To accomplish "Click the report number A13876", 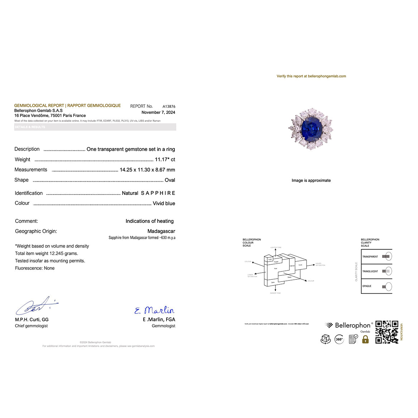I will coord(169,106).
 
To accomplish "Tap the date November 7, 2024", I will coord(158,112).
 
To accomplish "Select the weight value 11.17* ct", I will coord(165,159).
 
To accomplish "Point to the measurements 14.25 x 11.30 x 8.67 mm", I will coord(147,170).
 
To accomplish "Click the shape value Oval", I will coord(170,180).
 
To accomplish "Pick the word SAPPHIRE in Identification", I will coord(158,193).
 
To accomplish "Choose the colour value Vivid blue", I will coord(164,203).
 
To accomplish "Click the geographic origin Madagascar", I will coord(161,231).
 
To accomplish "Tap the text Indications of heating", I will coord(149,221).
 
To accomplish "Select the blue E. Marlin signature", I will coord(155,310).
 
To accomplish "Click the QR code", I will coord(386,332).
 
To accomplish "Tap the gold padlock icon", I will coord(365,339).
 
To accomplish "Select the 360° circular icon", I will coord(339,339).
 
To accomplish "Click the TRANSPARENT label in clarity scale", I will coord(370,257).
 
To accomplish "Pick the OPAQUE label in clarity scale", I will coord(367,286).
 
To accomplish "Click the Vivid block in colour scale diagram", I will coord(300,265).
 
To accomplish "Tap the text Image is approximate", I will coord(311,181).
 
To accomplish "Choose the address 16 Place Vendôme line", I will coord(50,116).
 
